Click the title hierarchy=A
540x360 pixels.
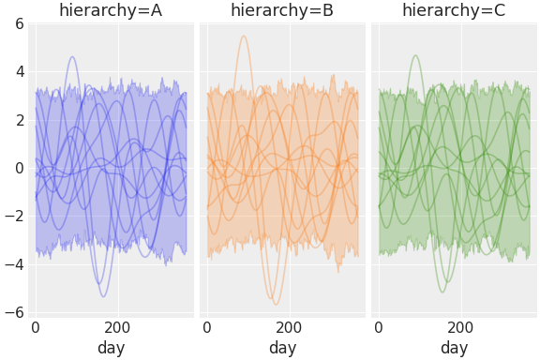coord(111,10)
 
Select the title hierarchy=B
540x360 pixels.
coord(282,10)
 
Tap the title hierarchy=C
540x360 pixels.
coord(454,10)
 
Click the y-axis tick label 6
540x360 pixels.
coord(19,23)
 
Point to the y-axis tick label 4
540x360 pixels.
coord(19,71)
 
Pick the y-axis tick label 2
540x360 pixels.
coord(19,120)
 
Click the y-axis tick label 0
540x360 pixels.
coord(19,168)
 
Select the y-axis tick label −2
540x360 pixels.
coord(14,216)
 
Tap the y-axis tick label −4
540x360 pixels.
coord(14,264)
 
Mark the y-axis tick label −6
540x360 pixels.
coord(14,312)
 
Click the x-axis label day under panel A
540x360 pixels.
coord(111,348)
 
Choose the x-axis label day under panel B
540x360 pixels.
coord(282,348)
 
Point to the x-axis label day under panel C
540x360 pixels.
coord(454,348)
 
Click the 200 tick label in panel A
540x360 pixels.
coord(117,327)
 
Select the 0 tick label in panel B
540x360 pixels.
coord(207,327)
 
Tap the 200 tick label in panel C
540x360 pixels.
coord(460,327)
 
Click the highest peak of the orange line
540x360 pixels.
coord(244,36)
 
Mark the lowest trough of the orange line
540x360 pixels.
coord(276,304)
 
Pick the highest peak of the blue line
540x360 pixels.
coord(72,56)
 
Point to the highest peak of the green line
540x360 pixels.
coord(415,55)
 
